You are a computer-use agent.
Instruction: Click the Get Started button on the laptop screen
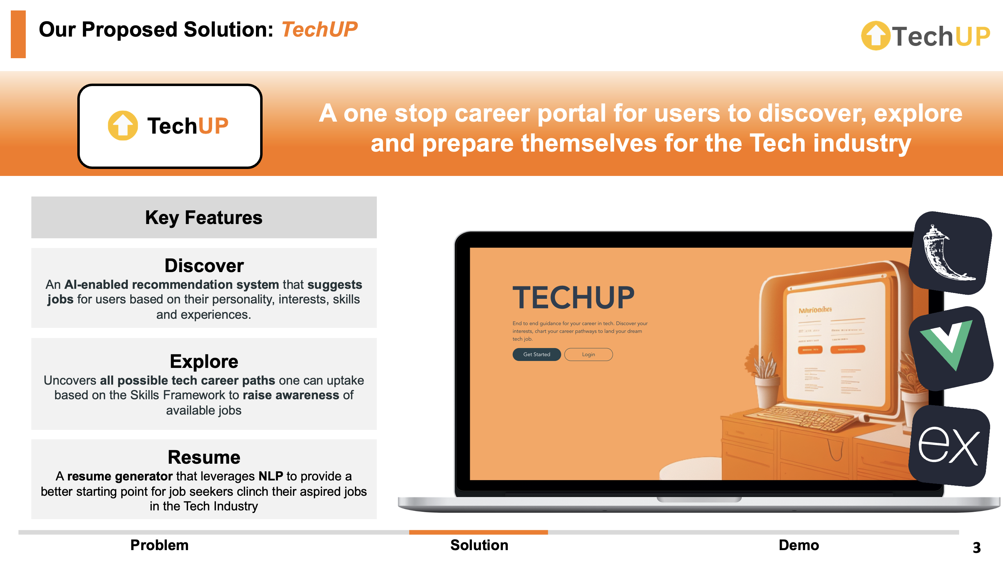(536, 354)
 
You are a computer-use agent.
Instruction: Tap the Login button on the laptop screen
(588, 354)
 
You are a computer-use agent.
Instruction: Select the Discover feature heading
(204, 266)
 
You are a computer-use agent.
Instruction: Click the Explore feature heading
(204, 361)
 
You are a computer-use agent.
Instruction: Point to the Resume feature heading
(204, 457)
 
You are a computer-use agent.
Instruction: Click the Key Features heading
(204, 217)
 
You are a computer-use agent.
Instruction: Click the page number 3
(976, 547)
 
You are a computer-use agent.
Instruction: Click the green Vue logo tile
(950, 348)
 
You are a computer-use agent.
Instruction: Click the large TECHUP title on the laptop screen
(573, 298)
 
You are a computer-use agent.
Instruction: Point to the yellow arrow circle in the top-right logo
(875, 36)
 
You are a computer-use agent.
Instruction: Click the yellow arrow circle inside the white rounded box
(123, 125)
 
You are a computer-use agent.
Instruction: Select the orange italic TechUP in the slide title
(319, 30)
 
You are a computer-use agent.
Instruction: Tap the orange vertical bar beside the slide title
(18, 34)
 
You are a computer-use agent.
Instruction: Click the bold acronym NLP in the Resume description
(271, 476)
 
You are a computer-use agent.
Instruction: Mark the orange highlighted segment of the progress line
(478, 532)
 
